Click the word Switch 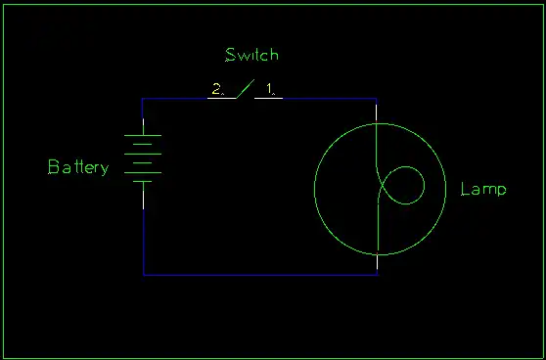click(251, 55)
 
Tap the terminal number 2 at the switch click(215, 90)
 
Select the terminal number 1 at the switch click(270, 90)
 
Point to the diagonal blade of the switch click(244, 89)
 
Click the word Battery click(78, 167)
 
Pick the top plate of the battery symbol click(144, 134)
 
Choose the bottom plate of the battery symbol click(144, 181)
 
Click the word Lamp click(483, 189)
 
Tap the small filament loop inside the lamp click(406, 185)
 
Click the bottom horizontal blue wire click(260, 275)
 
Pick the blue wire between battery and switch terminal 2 click(176, 99)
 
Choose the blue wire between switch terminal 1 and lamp click(328, 99)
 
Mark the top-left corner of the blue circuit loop click(144, 99)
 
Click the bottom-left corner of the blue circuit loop click(144, 275)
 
